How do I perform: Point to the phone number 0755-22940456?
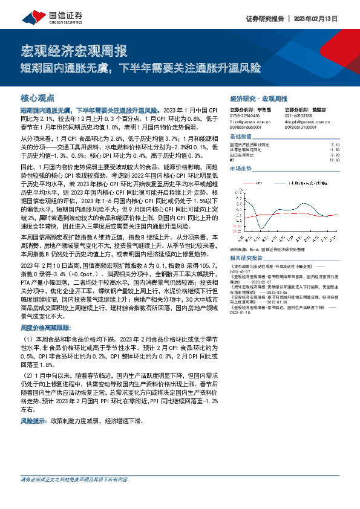(x=245, y=116)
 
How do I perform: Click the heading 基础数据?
(x=240, y=137)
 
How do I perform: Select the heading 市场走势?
(x=240, y=169)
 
